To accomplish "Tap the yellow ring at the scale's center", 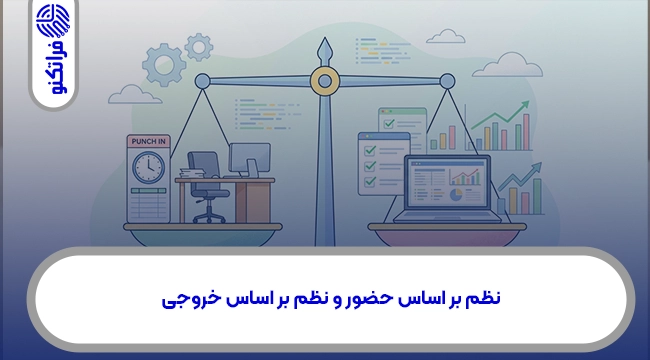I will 323,81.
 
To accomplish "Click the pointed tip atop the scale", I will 323,44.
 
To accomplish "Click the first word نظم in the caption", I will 483,297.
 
